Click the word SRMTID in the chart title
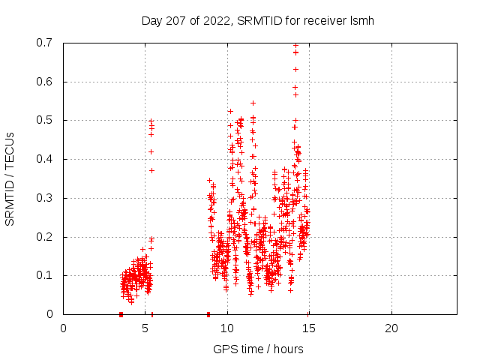[x=257, y=20]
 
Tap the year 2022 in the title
[x=216, y=20]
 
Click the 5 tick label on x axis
[x=145, y=328]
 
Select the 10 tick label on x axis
[x=227, y=328]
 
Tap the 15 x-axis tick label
[x=309, y=328]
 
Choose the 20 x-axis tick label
[x=391, y=328]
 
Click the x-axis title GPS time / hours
[x=258, y=349]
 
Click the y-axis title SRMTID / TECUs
[x=10, y=178]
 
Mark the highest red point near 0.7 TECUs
[x=295, y=45]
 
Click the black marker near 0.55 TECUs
[x=253, y=103]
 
